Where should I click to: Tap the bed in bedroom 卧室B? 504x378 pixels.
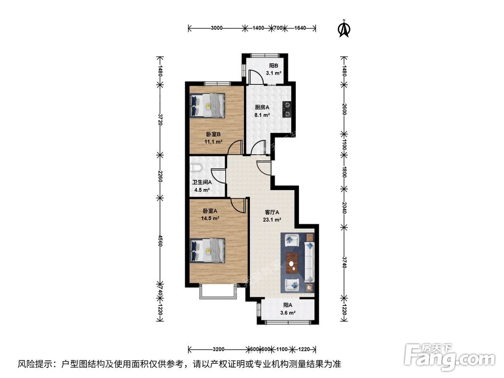[x=208, y=105]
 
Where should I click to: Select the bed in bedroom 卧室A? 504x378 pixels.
[x=208, y=250]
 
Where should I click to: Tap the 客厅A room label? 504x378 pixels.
[x=272, y=212]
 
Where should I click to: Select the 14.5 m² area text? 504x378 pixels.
[x=210, y=218]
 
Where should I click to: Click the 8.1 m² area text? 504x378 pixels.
[x=262, y=115]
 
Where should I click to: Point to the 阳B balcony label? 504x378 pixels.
[x=274, y=66]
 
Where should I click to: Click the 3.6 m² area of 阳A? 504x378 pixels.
[x=288, y=312]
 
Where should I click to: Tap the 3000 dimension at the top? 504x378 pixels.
[x=216, y=29]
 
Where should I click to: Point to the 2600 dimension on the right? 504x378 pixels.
[x=344, y=110]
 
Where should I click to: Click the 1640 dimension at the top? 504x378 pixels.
[x=300, y=29]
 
